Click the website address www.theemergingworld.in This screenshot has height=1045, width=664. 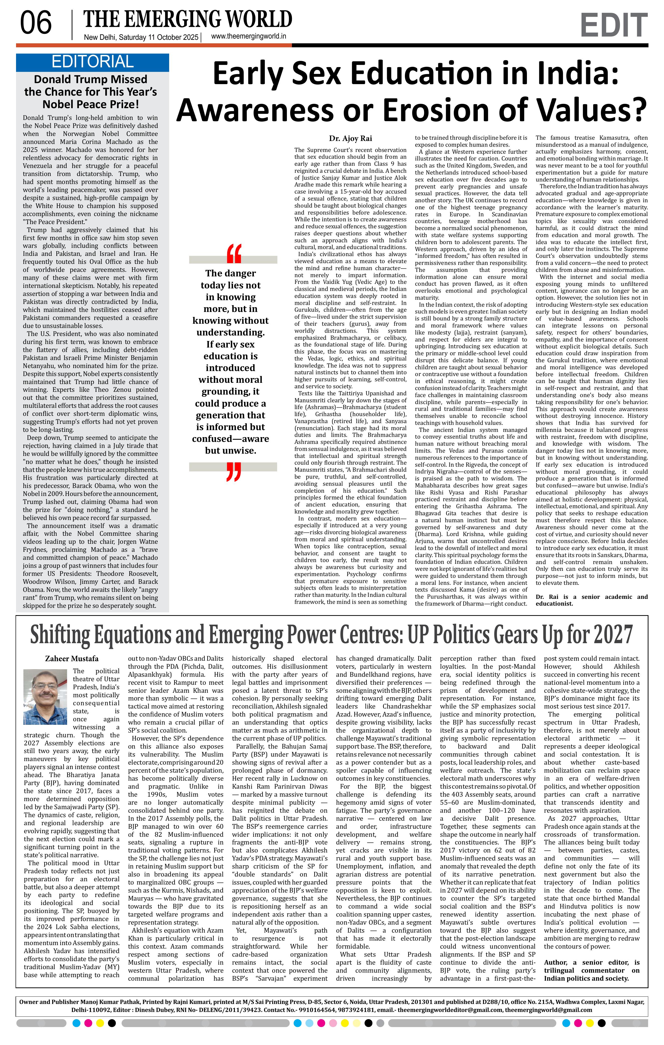tap(248, 37)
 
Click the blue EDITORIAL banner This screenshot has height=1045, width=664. tap(92, 62)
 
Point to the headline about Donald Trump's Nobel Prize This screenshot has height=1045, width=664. tap(91, 92)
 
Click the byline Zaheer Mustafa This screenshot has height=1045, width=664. tap(72, 658)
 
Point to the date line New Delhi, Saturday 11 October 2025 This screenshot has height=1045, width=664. tap(141, 37)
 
